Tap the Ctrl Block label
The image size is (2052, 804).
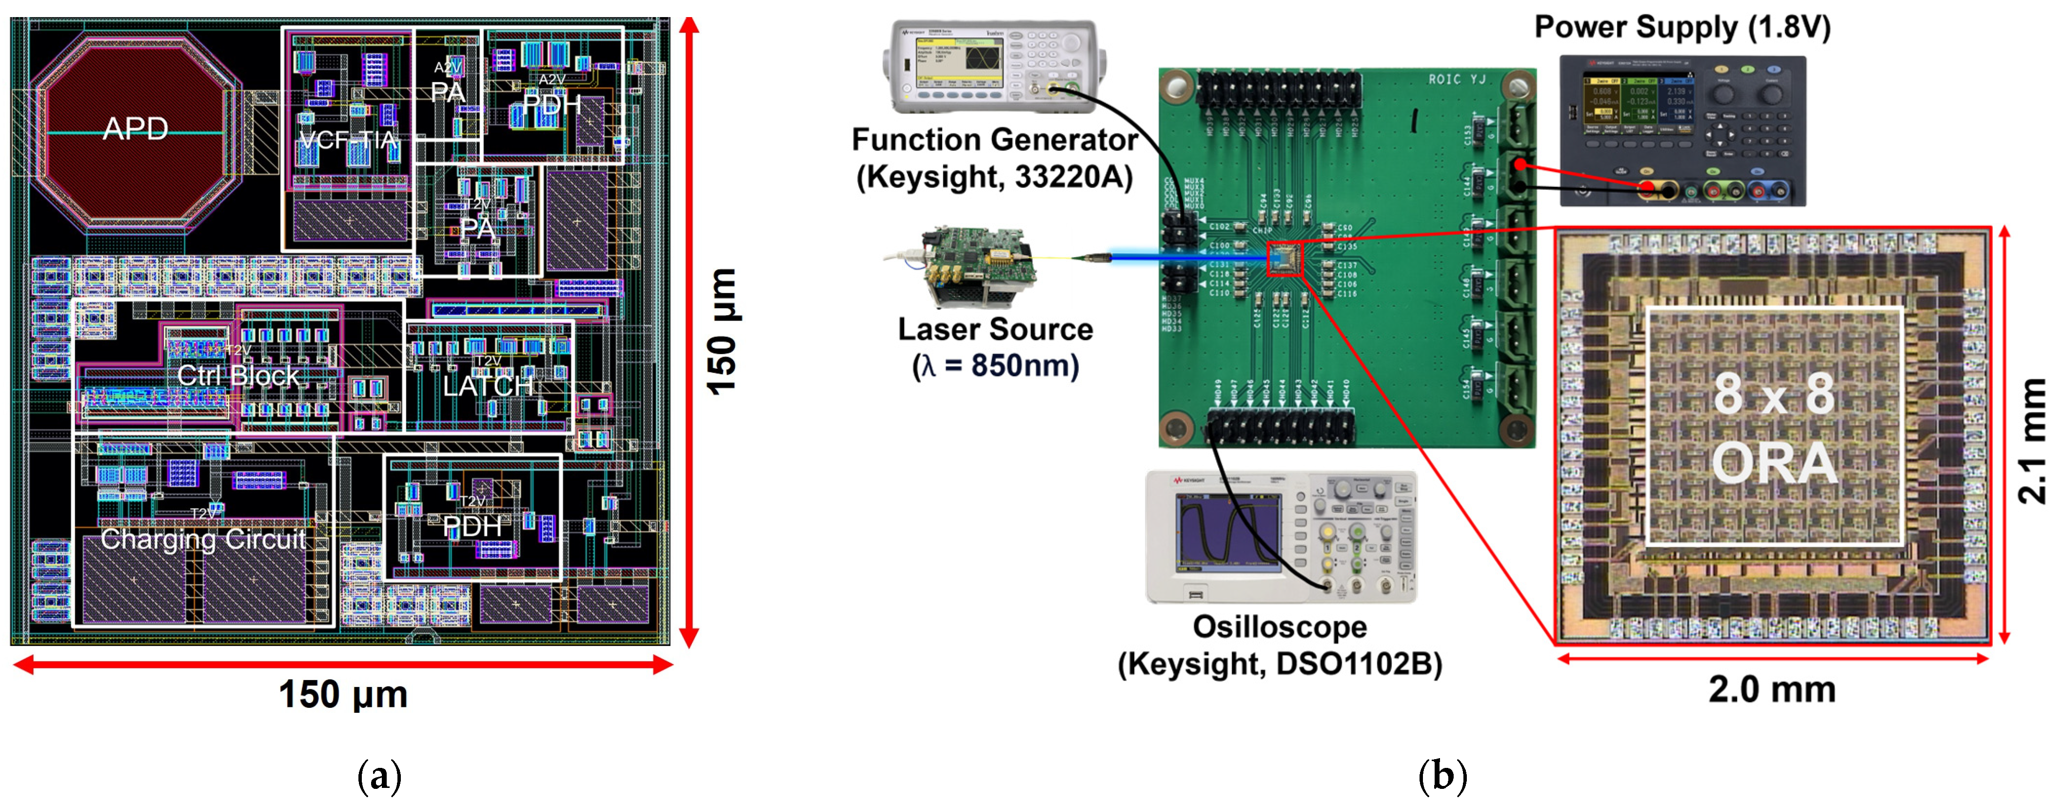coord(237,375)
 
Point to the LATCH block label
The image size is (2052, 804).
coord(488,386)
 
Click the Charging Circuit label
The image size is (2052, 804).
coord(203,540)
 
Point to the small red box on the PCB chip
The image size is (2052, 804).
coord(1284,259)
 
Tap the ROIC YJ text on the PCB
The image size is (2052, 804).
coord(1457,80)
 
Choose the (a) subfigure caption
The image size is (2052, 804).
coord(379,775)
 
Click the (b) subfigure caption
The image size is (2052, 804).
coord(1442,775)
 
